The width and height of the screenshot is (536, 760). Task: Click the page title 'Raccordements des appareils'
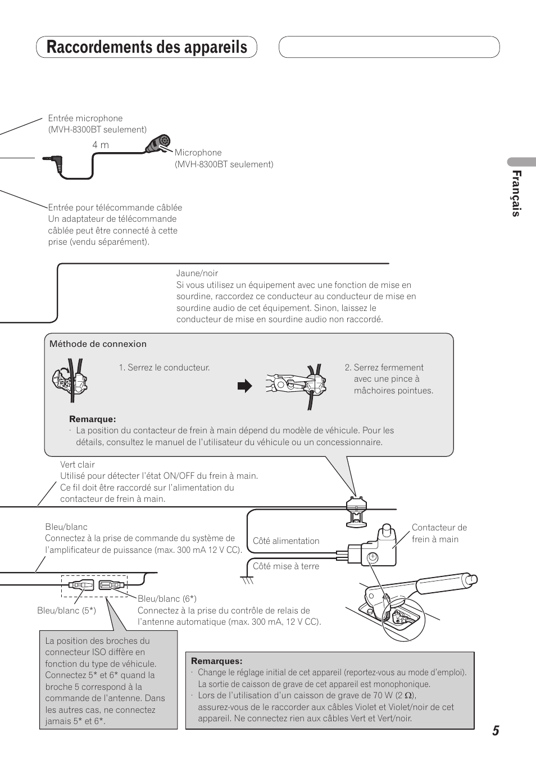tap(147, 47)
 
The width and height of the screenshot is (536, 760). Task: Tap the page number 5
tap(495, 730)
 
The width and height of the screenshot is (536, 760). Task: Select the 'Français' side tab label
tap(516, 193)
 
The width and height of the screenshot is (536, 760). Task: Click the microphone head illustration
tap(158, 144)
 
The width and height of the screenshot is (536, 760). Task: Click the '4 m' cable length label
tap(101, 145)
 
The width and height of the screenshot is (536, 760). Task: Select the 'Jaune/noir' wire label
tap(197, 273)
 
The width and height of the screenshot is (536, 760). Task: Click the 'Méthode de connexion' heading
tap(98, 344)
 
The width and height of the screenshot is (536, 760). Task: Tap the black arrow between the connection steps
tap(244, 386)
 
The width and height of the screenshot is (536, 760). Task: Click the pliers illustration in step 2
tap(294, 384)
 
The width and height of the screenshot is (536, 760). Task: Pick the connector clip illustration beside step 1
tap(70, 382)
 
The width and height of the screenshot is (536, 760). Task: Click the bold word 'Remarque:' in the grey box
tap(92, 419)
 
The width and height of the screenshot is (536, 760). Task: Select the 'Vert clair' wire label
tap(78, 464)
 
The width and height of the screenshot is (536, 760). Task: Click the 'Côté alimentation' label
tap(285, 541)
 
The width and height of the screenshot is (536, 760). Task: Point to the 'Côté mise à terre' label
tap(285, 566)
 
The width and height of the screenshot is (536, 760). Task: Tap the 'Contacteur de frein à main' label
tap(439, 533)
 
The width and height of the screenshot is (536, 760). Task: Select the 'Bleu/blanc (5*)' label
tap(66, 611)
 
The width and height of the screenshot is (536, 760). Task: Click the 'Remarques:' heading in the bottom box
tap(216, 661)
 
